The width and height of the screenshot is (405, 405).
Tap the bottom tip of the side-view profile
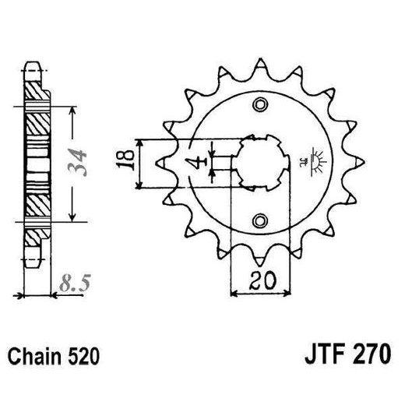[33, 266]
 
